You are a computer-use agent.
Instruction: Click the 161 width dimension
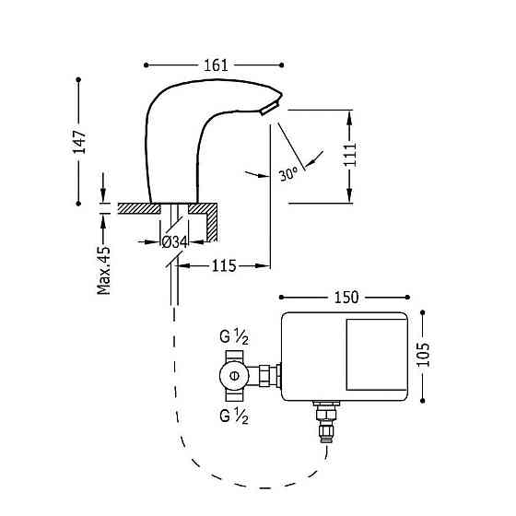[215, 65]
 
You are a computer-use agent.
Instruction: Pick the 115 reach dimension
[224, 265]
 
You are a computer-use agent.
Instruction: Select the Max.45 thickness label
[104, 269]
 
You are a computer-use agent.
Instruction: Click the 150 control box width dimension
[346, 298]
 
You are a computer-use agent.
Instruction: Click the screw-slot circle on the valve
[234, 375]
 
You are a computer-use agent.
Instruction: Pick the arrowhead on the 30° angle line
[311, 162]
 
